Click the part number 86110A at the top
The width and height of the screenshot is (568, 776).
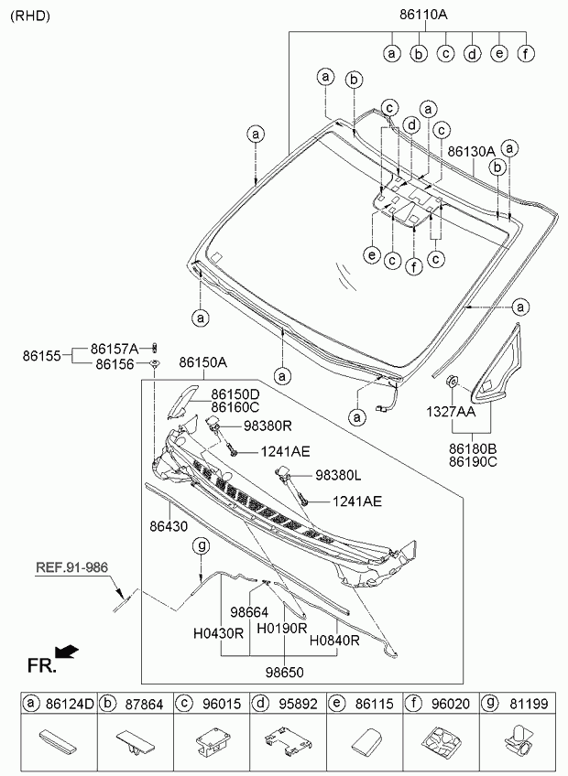(x=423, y=16)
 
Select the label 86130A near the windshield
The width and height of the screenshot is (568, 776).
(x=471, y=151)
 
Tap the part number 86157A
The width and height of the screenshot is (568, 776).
(x=115, y=349)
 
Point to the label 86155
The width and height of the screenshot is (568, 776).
(x=42, y=355)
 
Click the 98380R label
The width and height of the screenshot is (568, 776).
(x=268, y=426)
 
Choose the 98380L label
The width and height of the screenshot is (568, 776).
(x=338, y=477)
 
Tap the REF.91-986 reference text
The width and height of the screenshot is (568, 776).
(x=72, y=567)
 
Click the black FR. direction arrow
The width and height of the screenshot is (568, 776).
(x=67, y=652)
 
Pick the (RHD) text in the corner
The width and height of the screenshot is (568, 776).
(x=30, y=16)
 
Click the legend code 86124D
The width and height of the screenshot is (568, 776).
(x=69, y=704)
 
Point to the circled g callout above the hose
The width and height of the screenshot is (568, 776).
(x=201, y=545)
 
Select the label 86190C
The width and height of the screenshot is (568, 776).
(x=473, y=462)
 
